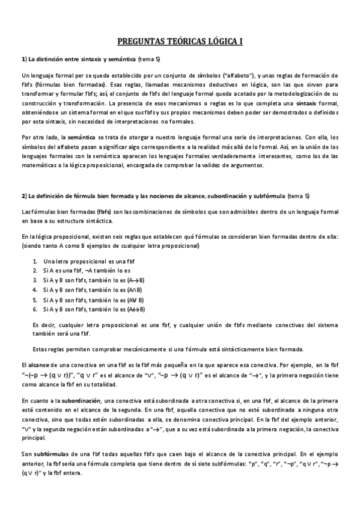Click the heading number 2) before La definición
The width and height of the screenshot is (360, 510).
(x=24, y=195)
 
